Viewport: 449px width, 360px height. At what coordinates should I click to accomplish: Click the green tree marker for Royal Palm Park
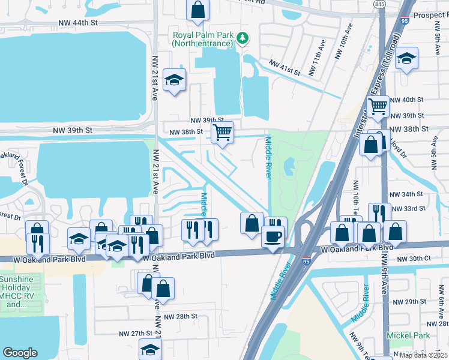point(242,38)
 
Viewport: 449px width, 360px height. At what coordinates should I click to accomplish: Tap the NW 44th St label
point(78,23)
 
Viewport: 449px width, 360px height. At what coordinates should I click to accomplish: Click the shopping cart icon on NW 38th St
point(222,132)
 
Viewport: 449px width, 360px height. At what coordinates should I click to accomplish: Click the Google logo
point(20,353)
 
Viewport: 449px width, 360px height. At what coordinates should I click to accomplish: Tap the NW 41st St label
point(284,67)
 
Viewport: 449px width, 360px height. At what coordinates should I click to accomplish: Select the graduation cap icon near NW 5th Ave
point(407,58)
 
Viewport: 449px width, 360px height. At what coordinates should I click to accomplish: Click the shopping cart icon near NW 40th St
point(378,107)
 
